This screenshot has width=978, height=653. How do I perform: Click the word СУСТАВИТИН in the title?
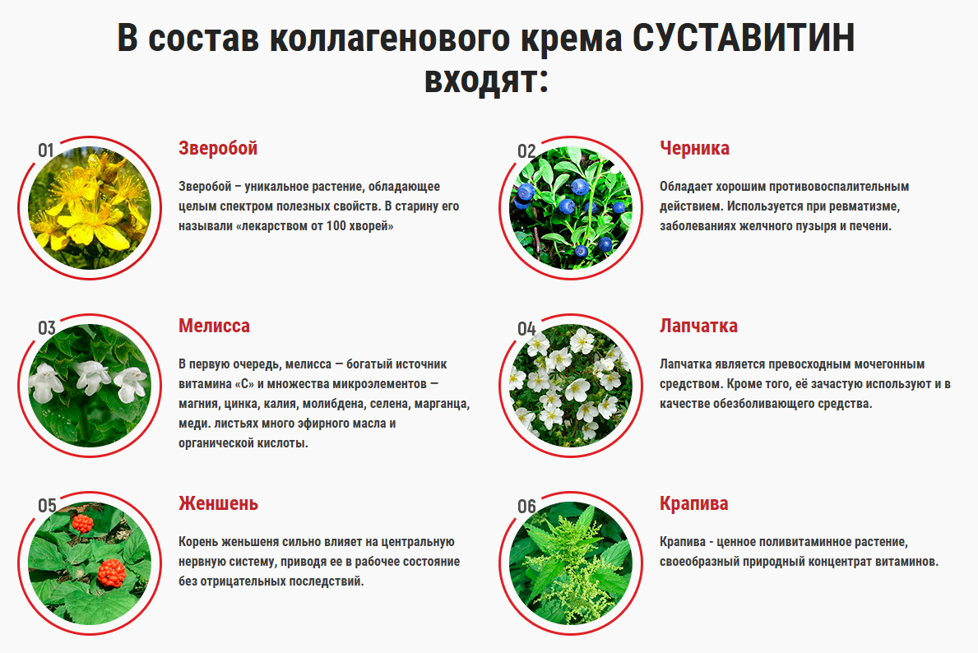pyautogui.click(x=744, y=38)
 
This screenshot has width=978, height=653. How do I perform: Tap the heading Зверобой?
pyautogui.click(x=218, y=148)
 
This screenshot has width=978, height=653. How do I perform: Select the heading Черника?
pyautogui.click(x=694, y=148)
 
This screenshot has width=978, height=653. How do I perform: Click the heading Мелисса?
pyautogui.click(x=214, y=326)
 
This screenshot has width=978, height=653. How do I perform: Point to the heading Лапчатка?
pyautogui.click(x=698, y=326)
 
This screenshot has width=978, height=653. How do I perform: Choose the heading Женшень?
pyautogui.click(x=218, y=503)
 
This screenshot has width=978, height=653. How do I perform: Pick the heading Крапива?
pyautogui.click(x=693, y=504)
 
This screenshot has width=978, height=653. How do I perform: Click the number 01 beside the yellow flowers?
pyautogui.click(x=45, y=151)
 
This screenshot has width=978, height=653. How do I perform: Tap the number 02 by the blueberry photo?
pyautogui.click(x=526, y=151)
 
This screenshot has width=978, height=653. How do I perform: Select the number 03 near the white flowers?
pyautogui.click(x=47, y=328)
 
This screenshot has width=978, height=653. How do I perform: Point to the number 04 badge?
pyautogui.click(x=526, y=329)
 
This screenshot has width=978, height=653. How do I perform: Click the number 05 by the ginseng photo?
pyautogui.click(x=47, y=505)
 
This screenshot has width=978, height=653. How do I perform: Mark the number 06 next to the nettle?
pyautogui.click(x=526, y=507)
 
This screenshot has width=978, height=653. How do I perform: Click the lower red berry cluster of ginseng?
pyautogui.click(x=112, y=572)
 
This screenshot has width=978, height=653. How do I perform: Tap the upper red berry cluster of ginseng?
pyautogui.click(x=82, y=523)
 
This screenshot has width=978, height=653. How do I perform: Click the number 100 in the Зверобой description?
pyautogui.click(x=336, y=226)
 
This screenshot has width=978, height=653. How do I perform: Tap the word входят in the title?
pyautogui.click(x=486, y=79)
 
